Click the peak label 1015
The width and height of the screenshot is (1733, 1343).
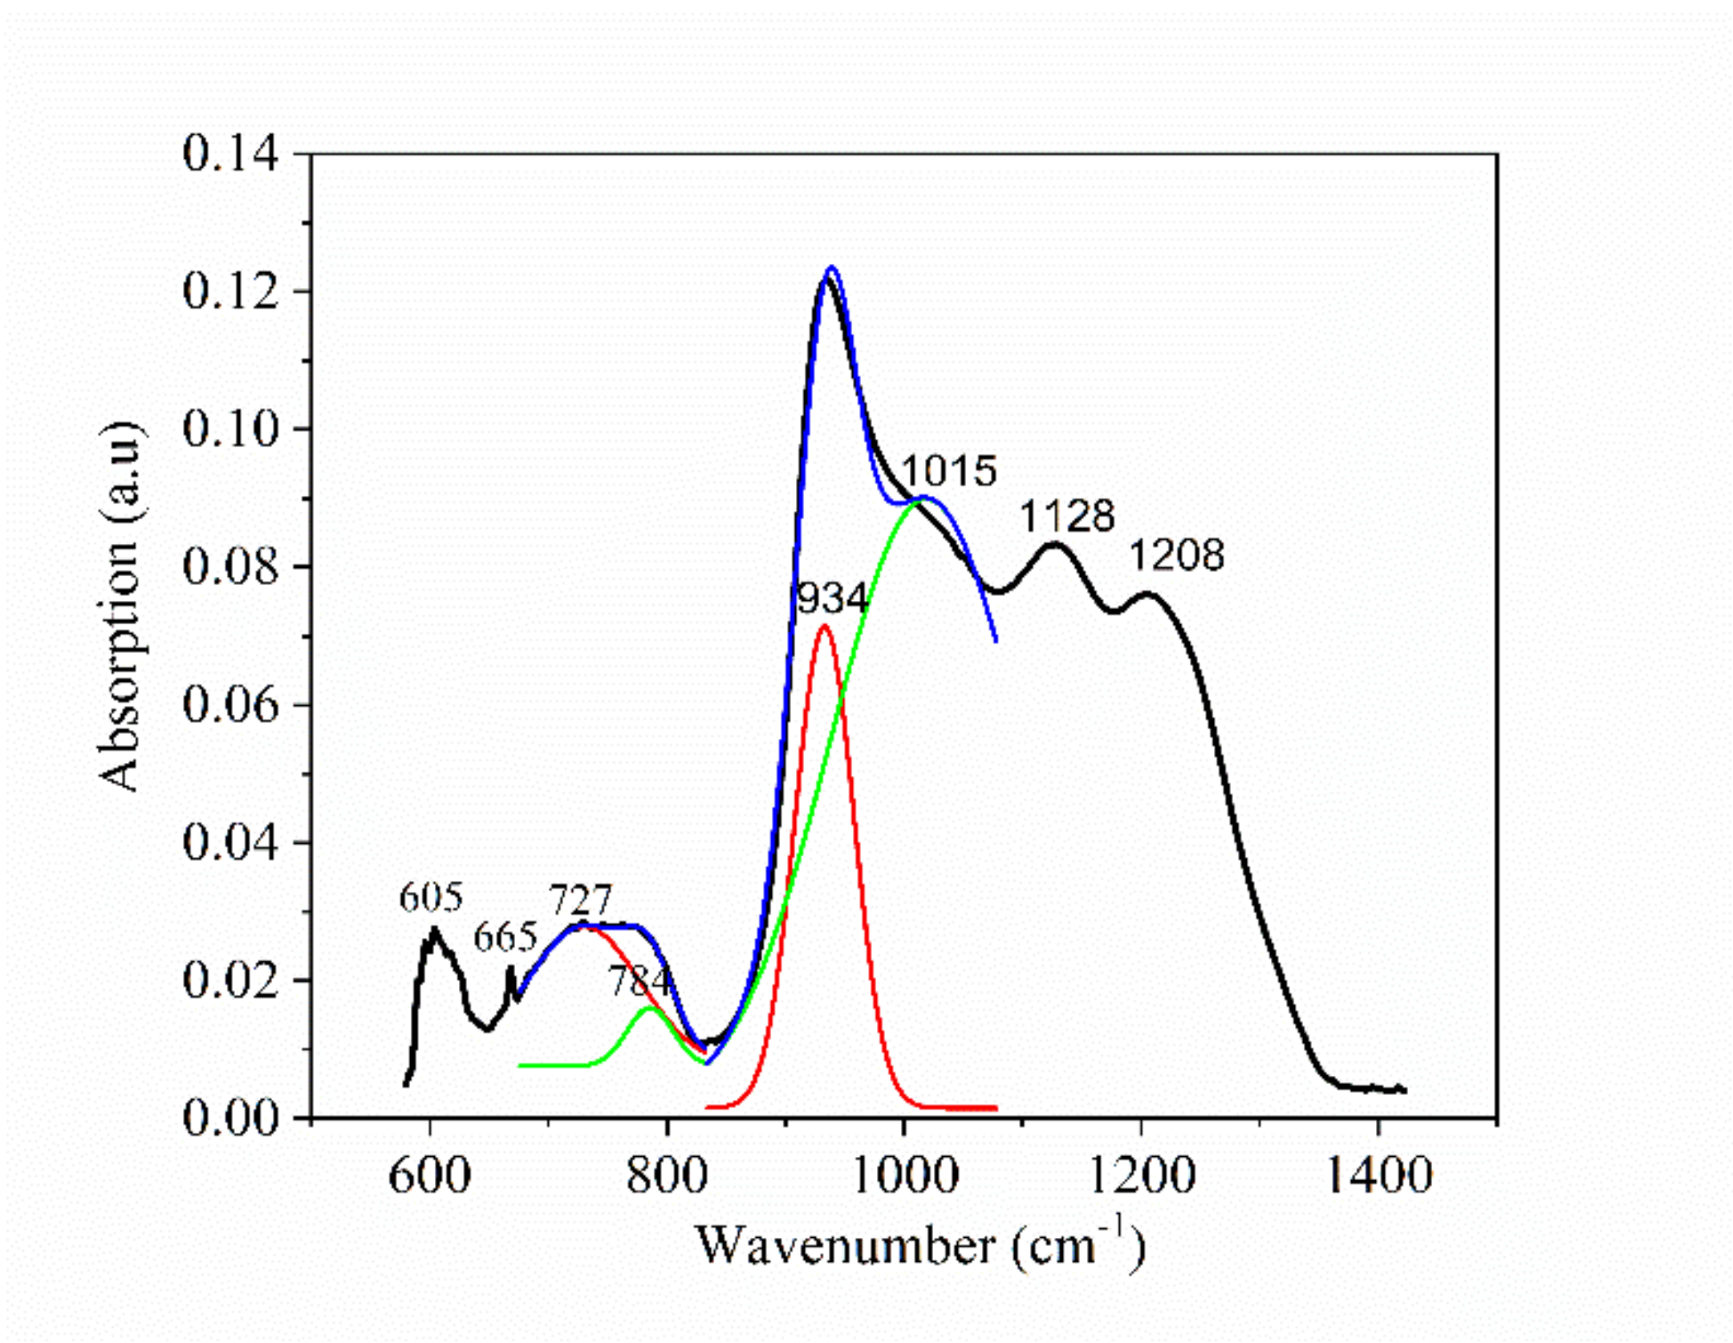(x=948, y=471)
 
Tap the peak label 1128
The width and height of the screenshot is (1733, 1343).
(x=1067, y=516)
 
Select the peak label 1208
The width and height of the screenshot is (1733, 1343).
(x=1177, y=555)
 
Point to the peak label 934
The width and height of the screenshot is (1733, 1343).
(x=832, y=598)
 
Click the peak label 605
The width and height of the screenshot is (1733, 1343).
(x=432, y=897)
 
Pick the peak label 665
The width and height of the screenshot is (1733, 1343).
(x=505, y=937)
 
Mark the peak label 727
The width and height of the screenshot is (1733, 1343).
(x=581, y=900)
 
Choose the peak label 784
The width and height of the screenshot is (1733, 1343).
(x=639, y=980)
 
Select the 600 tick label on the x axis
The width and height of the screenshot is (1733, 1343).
(x=429, y=1177)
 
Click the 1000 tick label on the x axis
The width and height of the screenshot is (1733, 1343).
(x=904, y=1177)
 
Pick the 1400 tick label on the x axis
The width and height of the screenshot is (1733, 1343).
(x=1378, y=1177)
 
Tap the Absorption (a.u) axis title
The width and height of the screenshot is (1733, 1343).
(x=120, y=606)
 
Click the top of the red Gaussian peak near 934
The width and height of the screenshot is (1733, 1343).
(x=824, y=625)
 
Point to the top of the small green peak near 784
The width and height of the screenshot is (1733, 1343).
(x=648, y=1008)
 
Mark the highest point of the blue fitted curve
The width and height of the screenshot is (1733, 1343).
(x=831, y=267)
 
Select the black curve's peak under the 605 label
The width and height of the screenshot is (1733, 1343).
(x=434, y=928)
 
